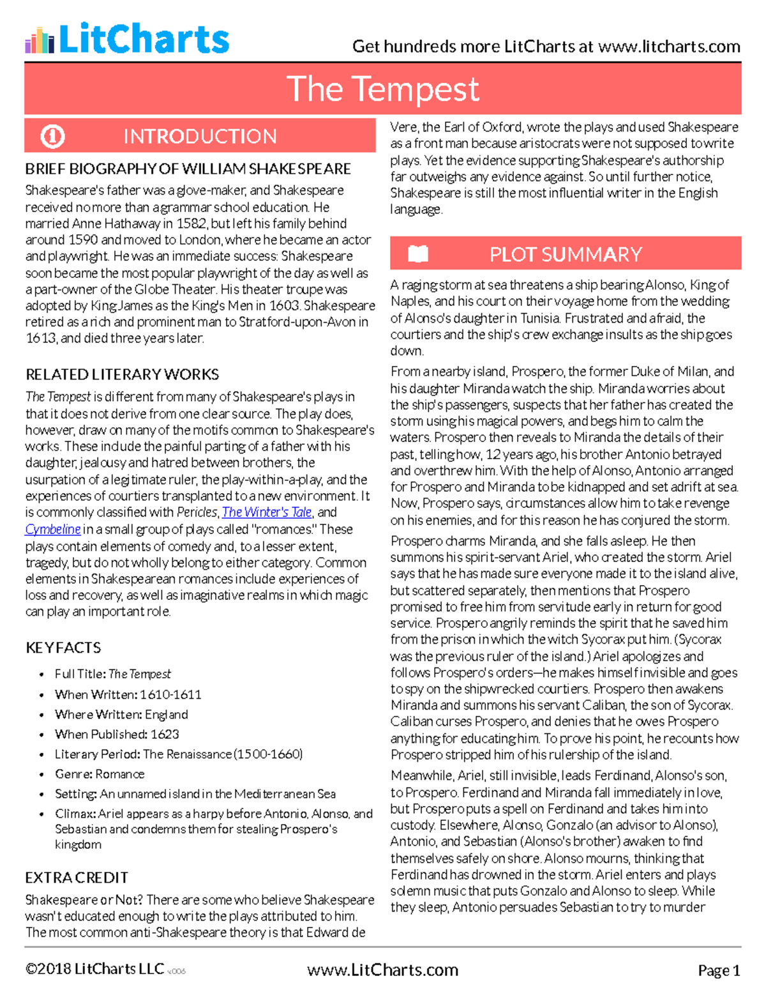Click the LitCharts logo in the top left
pyautogui.click(x=126, y=39)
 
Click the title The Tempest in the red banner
pyautogui.click(x=382, y=89)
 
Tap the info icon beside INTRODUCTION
pyautogui.click(x=52, y=136)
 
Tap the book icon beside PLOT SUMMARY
pyautogui.click(x=417, y=254)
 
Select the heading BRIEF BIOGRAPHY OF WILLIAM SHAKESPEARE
pyautogui.click(x=188, y=169)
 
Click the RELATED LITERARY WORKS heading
pyautogui.click(x=122, y=374)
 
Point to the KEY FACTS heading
pyautogui.click(x=63, y=648)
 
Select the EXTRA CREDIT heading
pyautogui.click(x=77, y=878)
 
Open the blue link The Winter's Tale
pyautogui.click(x=267, y=512)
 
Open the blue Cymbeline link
pyautogui.click(x=53, y=529)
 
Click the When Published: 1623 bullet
pyautogui.click(x=117, y=734)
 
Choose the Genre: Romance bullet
pyautogui.click(x=100, y=774)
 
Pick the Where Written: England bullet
pyautogui.click(x=121, y=714)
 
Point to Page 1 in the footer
pyautogui.click(x=719, y=970)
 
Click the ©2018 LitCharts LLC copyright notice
pyautogui.click(x=94, y=969)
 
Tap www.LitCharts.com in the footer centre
pyautogui.click(x=382, y=970)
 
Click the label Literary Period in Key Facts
pyautogui.click(x=97, y=754)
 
